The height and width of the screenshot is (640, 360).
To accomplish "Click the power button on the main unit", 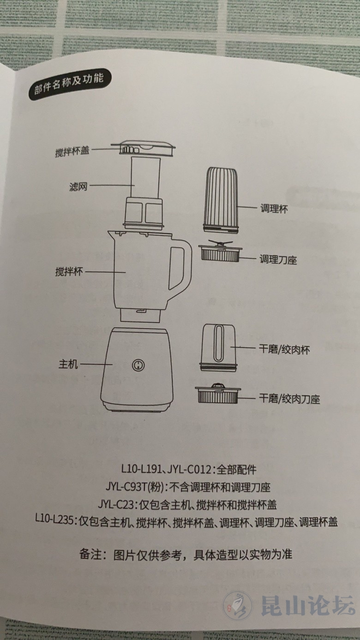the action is point(138,365).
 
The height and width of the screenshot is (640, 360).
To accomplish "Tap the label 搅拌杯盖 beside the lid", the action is point(72,151).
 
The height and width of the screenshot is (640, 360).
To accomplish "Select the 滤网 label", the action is point(78,187).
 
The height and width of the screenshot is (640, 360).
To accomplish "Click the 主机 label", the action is point(68,364).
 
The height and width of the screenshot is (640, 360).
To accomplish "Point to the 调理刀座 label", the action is point(278,259).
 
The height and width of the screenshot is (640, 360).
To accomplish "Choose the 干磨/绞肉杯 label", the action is point(284,349).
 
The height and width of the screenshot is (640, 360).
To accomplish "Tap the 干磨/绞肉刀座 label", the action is point(289,399).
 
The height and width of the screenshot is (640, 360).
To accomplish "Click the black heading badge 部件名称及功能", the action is point(69,84).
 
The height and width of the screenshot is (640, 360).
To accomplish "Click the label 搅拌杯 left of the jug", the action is point(69,271).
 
